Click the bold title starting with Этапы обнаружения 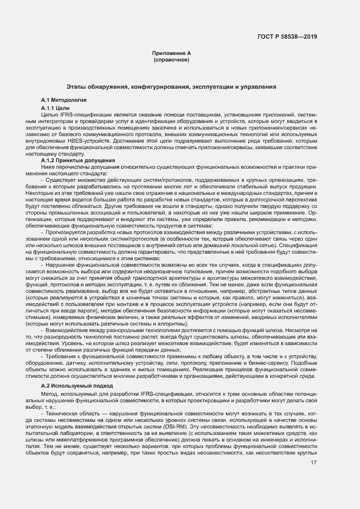pos(171,87)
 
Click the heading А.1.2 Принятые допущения pos(78,161)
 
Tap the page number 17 pos(314,447)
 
